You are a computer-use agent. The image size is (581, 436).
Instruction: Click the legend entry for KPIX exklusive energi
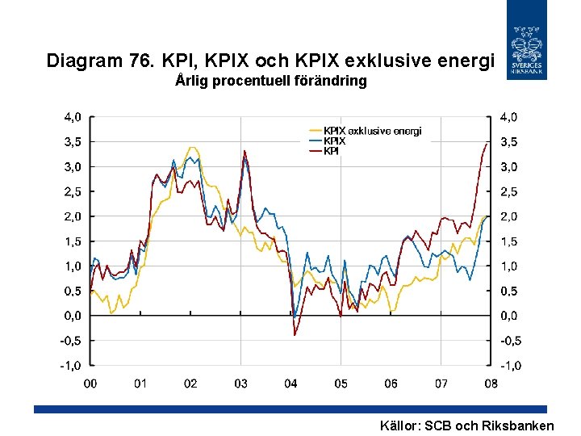tap(372, 131)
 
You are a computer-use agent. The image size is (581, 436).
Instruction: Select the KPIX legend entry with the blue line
tap(335, 140)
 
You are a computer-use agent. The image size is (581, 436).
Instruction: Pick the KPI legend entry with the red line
tap(331, 150)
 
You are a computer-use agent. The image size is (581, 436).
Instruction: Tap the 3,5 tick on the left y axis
tap(73, 141)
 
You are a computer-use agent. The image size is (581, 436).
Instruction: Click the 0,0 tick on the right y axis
tap(509, 316)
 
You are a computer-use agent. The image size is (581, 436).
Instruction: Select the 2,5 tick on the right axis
tap(509, 191)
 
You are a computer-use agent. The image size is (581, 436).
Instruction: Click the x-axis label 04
tap(290, 384)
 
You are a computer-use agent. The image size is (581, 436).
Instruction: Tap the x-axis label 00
tap(90, 384)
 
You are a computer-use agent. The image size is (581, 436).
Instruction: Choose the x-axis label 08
tap(491, 384)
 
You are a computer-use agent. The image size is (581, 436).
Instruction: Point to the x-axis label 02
tap(190, 384)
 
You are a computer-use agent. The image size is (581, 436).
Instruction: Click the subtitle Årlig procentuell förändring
tap(270, 82)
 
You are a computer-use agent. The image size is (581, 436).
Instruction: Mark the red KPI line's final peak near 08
tap(487, 144)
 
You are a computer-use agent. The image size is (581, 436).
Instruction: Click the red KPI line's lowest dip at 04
tap(295, 335)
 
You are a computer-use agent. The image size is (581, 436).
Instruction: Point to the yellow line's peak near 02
tap(191, 148)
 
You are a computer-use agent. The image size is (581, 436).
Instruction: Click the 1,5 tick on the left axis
tap(73, 241)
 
